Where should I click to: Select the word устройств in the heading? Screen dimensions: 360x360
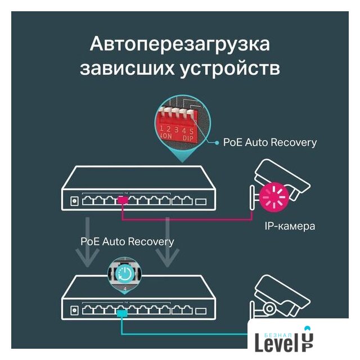[236, 69]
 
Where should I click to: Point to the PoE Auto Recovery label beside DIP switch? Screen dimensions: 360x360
[269, 142]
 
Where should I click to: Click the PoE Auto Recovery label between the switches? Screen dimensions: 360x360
[127, 241]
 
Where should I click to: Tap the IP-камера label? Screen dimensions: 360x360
[289, 227]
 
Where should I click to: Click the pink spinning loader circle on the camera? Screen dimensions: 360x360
[274, 197]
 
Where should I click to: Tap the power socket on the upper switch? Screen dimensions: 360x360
[74, 201]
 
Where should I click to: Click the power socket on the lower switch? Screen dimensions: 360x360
[74, 310]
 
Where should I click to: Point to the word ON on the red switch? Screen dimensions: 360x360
[167, 136]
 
